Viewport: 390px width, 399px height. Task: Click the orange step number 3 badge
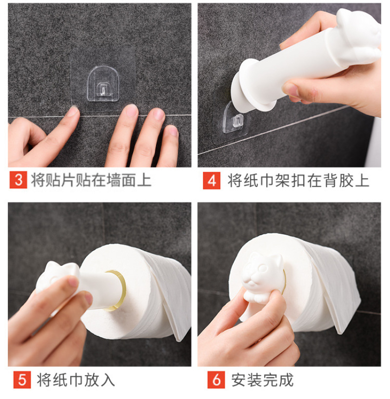[x=19, y=180]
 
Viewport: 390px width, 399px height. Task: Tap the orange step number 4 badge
[x=212, y=181]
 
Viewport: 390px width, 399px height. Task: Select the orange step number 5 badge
[x=22, y=380]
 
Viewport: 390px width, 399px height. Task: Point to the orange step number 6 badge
[x=216, y=380]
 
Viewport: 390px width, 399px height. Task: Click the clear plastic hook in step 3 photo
[x=103, y=84]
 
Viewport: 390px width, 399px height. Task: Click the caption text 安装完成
[x=262, y=380]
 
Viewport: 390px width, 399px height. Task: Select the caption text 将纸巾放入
[x=76, y=380]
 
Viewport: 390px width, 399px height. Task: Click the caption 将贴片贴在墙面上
[x=91, y=180]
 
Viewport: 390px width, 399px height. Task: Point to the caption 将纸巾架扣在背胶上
[x=298, y=181]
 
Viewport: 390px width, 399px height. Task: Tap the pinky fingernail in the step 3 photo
[x=173, y=131]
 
